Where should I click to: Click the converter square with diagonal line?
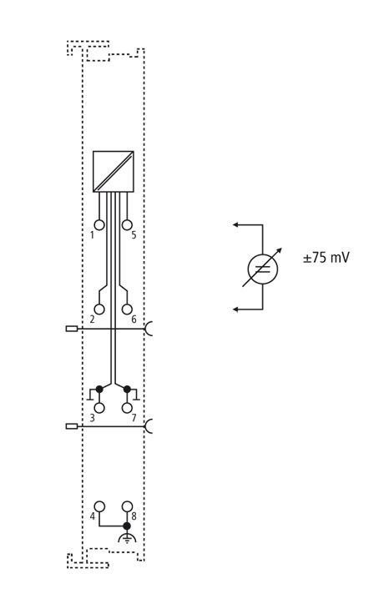click(114, 171)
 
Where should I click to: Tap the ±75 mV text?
click(326, 258)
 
